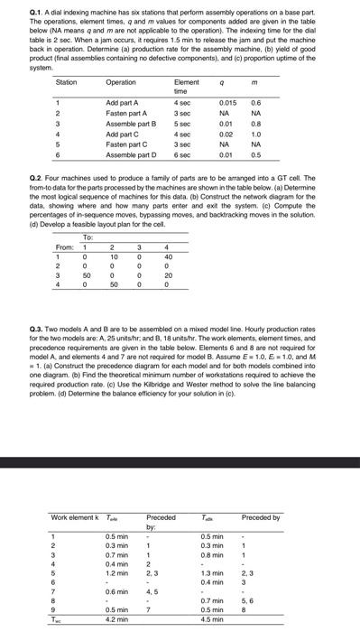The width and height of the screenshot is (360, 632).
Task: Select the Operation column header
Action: (121, 81)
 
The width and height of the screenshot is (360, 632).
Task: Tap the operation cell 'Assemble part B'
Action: (132, 122)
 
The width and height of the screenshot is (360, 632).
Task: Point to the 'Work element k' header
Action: (73, 517)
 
